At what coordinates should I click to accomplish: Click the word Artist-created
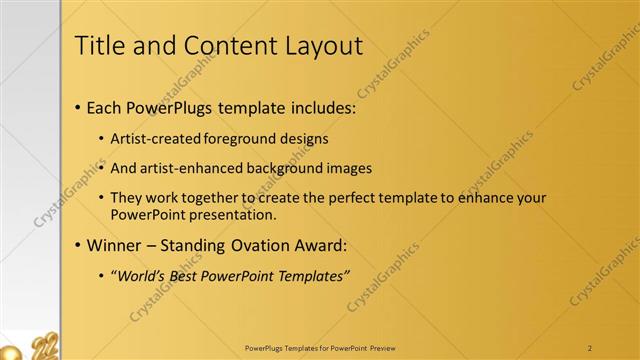pyautogui.click(x=153, y=138)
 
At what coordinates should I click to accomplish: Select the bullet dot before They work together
pyautogui.click(x=102, y=199)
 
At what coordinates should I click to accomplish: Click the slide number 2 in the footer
pyautogui.click(x=590, y=348)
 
